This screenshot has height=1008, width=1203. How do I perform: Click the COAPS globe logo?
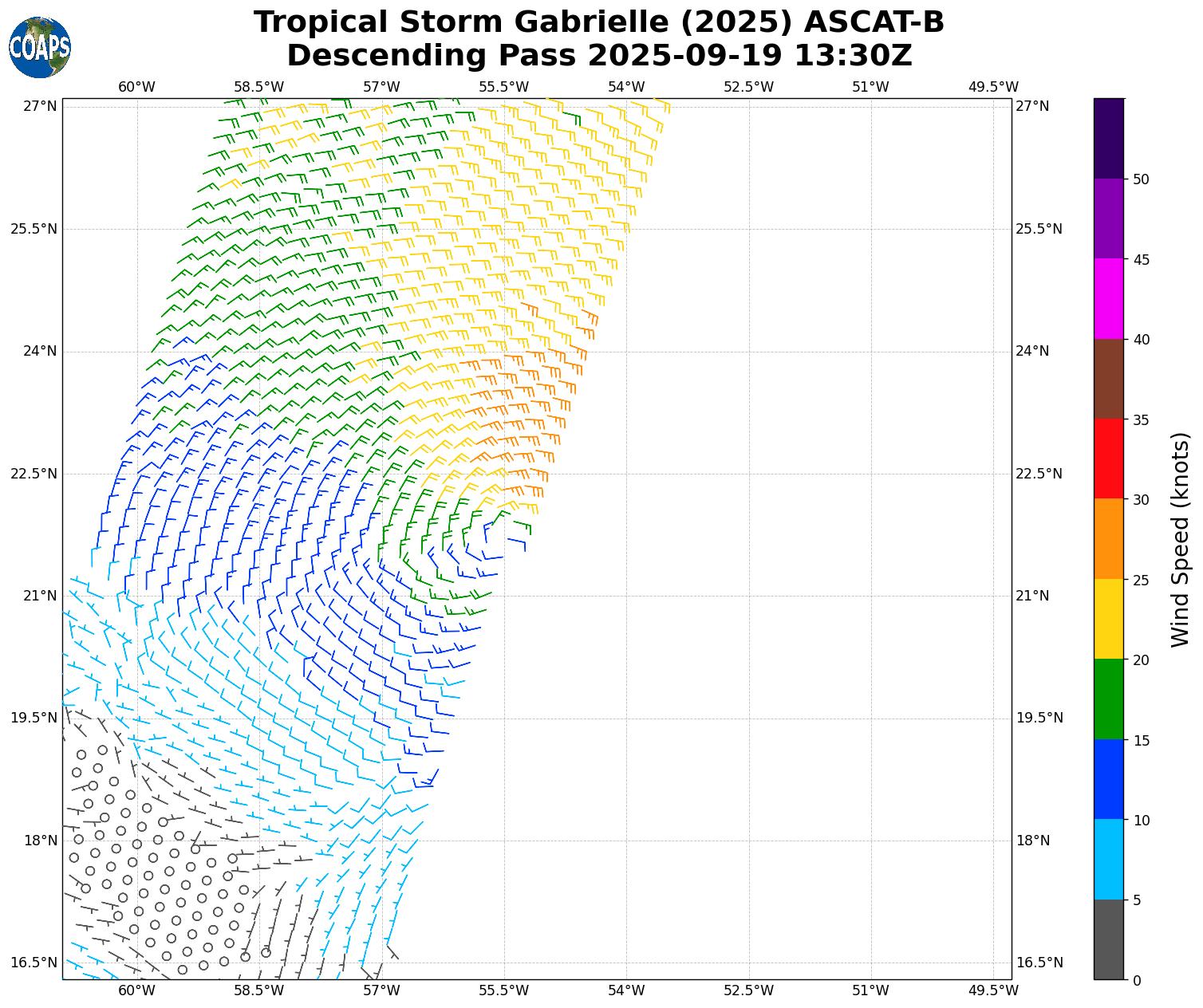40,48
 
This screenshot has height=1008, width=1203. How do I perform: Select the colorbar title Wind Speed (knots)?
1180,540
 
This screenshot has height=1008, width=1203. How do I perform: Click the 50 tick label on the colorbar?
1142,179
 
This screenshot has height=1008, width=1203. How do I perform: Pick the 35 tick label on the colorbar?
1142,419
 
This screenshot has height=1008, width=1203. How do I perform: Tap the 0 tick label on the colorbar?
1137,980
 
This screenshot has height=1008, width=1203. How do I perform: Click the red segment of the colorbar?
1108,459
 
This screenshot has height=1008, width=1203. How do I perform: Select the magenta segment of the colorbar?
1108,298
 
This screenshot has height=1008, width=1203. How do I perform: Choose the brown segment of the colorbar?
1108,379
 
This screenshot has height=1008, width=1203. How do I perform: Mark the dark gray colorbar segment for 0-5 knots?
1108,939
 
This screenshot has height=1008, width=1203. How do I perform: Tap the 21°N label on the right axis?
1032,596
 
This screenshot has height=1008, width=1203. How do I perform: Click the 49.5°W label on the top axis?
993,87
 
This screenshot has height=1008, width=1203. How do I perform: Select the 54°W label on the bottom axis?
626,991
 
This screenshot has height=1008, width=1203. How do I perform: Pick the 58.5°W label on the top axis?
259,87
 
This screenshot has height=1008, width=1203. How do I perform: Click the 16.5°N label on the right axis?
1039,963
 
